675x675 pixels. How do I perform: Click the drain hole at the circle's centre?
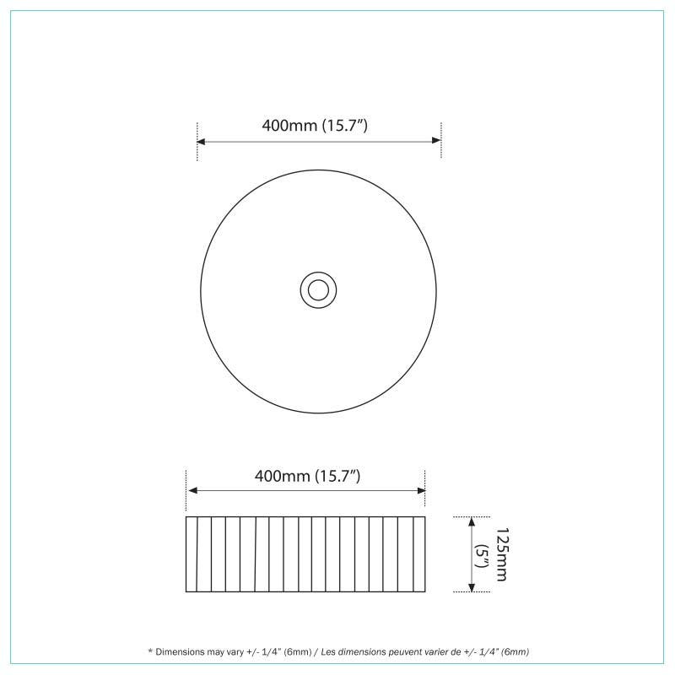click(319, 290)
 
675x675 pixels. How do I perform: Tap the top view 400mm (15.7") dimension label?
click(315, 126)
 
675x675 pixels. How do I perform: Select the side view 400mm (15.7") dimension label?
click(307, 476)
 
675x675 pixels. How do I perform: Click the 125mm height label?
click(502, 554)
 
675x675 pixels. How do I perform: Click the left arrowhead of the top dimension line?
click(201, 141)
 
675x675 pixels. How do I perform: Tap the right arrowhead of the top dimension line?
click(436, 140)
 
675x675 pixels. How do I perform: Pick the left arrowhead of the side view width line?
click(193, 490)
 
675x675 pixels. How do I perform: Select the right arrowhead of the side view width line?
click(421, 490)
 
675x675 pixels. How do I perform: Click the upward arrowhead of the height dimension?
click(472, 521)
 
